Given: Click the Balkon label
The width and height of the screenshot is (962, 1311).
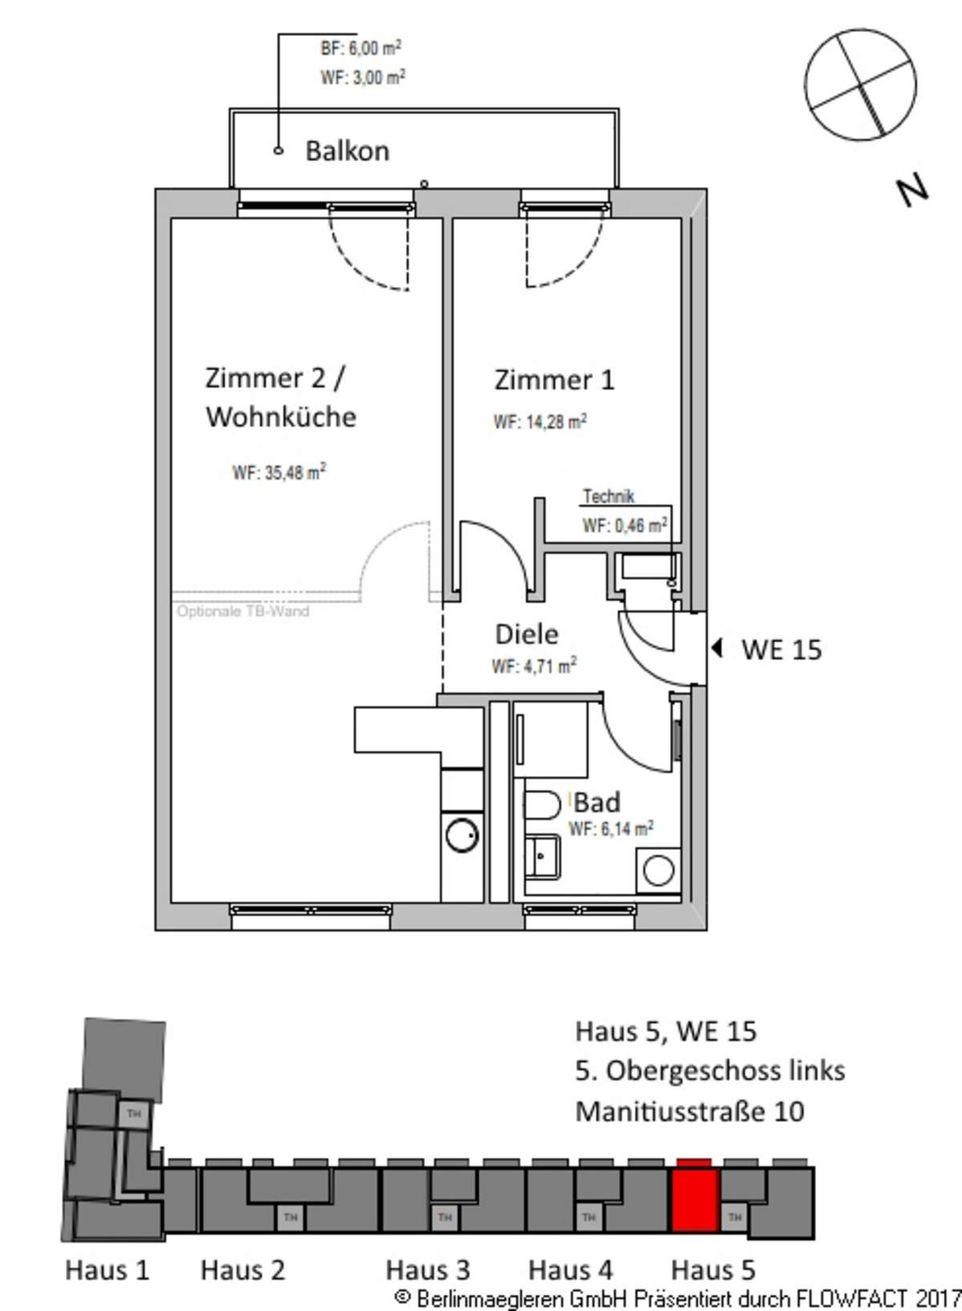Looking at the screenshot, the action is [x=348, y=151].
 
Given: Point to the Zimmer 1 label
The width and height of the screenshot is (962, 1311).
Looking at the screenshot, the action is [x=554, y=380].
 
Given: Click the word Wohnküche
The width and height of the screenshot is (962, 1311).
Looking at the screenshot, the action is [x=281, y=417].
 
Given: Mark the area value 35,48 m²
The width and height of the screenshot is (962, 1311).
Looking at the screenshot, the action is [x=295, y=472].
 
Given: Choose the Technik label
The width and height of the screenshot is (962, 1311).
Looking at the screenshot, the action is [x=608, y=497].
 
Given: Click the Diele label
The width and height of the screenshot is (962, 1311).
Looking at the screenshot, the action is [x=527, y=634].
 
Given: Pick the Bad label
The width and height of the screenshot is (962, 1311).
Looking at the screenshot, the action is [x=596, y=803].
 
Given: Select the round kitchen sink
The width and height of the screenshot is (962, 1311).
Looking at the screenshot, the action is [x=463, y=836].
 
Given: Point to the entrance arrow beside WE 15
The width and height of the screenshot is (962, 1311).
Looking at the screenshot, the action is [x=717, y=649].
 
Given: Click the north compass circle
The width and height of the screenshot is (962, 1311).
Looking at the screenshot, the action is [x=859, y=85].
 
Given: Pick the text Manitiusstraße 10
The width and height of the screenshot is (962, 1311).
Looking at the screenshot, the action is [x=690, y=1111].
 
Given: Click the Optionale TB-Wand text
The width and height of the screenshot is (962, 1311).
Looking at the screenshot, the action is [x=243, y=612].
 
